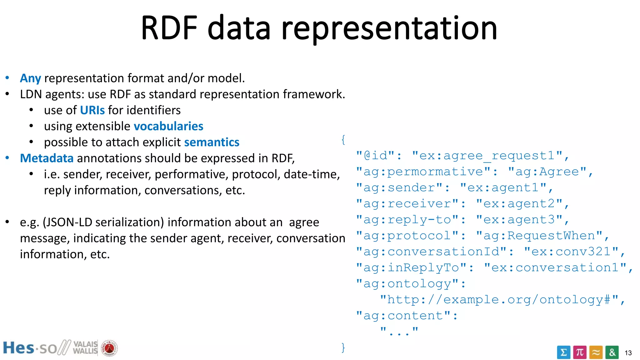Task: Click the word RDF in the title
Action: (x=169, y=28)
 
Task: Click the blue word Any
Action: (x=30, y=78)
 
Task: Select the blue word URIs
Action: (x=92, y=110)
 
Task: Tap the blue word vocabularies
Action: (x=168, y=126)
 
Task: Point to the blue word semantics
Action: (x=212, y=142)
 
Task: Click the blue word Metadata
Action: (x=47, y=158)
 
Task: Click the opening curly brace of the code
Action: (x=343, y=140)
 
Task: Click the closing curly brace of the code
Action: (x=343, y=347)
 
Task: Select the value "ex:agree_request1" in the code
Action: (x=487, y=156)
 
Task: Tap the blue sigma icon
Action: (x=563, y=352)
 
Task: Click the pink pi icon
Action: (x=580, y=352)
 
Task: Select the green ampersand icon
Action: (x=612, y=352)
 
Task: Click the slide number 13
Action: (x=628, y=353)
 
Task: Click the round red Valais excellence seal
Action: (x=109, y=348)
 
